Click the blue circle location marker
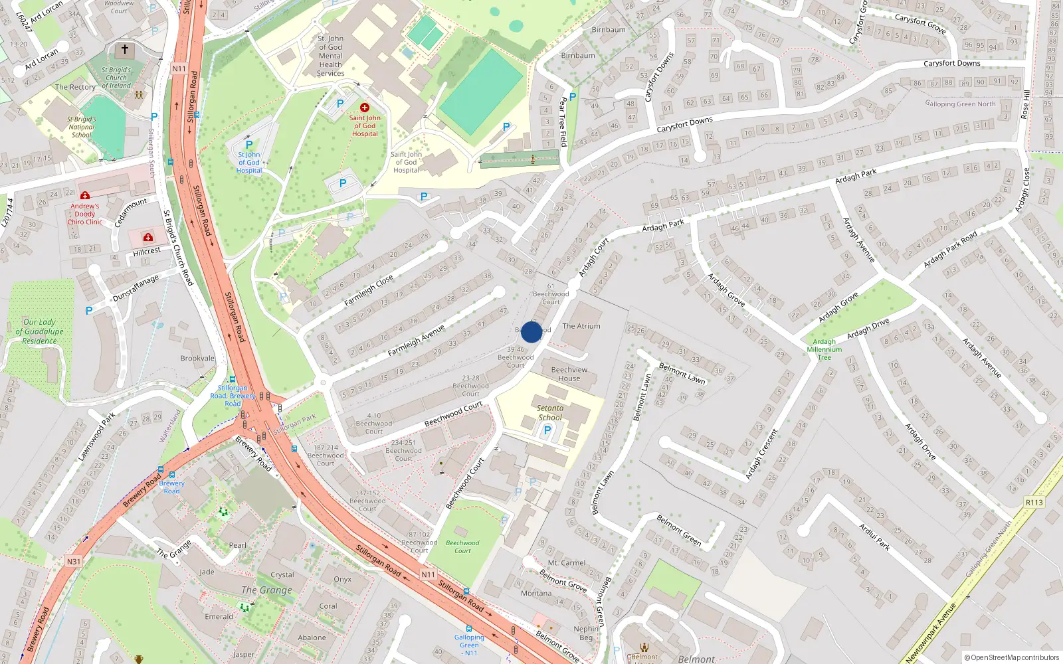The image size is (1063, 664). tap(531, 332)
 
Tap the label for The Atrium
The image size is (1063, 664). tap(581, 326)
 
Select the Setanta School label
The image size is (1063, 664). tap(550, 413)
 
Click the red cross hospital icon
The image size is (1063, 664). tap(364, 108)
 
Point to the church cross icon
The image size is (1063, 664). tap(124, 50)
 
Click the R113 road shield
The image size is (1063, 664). tap(1034, 502)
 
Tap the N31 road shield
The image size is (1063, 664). tap(73, 561)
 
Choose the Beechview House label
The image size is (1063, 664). tap(569, 374)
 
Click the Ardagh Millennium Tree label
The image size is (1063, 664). tap(824, 349)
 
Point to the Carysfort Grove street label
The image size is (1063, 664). tap(920, 24)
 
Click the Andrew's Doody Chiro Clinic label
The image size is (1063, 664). tap(85, 214)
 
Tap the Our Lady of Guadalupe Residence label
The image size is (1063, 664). tap(39, 331)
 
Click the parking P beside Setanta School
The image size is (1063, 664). tap(547, 430)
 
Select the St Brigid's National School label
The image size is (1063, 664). tap(81, 127)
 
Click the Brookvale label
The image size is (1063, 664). tap(197, 359)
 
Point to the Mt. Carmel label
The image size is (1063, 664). tap(566, 562)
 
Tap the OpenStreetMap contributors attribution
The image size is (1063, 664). tap(1012, 657)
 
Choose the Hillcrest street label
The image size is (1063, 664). tap(146, 251)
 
